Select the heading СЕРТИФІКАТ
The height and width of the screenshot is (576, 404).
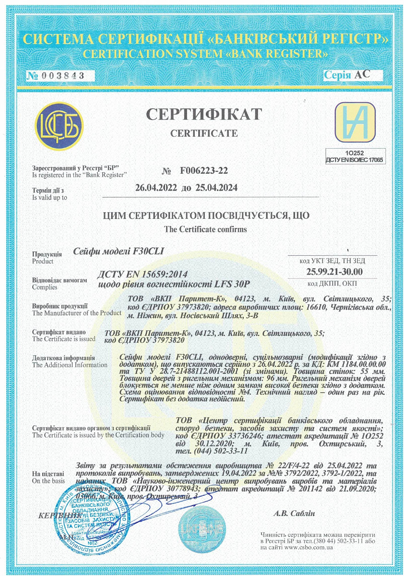click(x=204, y=114)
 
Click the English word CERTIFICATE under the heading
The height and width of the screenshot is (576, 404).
click(x=204, y=133)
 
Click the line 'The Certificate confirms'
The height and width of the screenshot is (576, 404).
click(x=205, y=229)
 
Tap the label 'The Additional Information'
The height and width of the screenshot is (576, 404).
click(x=70, y=365)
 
